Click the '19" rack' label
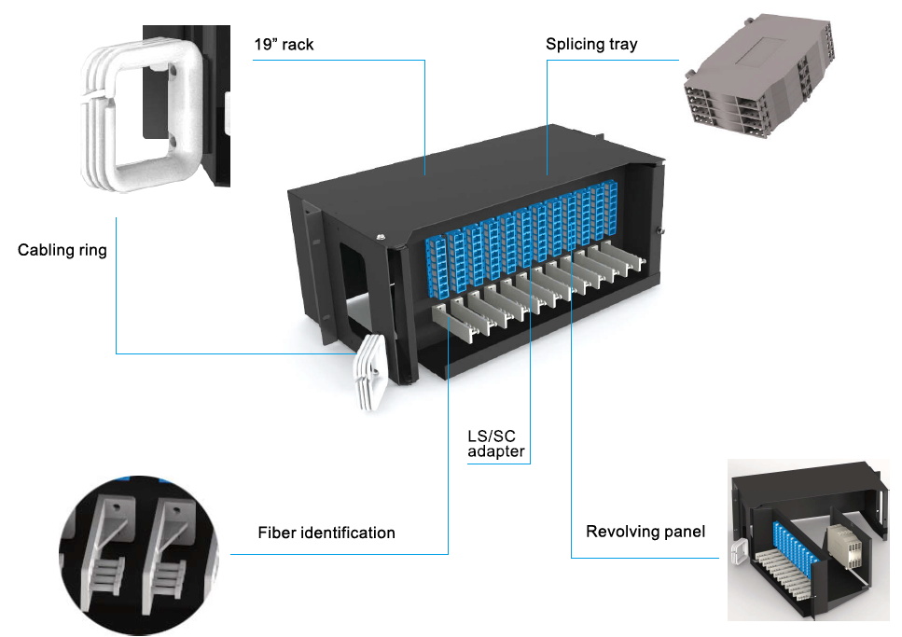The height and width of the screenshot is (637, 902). point(284,45)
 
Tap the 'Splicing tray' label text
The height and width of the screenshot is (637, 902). point(591,45)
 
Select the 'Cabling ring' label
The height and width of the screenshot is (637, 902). point(62,250)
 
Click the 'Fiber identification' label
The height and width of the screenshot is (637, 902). point(326,533)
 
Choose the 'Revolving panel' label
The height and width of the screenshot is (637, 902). point(645,532)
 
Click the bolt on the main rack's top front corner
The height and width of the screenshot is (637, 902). point(381,238)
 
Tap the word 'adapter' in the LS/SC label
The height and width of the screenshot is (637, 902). point(496,452)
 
